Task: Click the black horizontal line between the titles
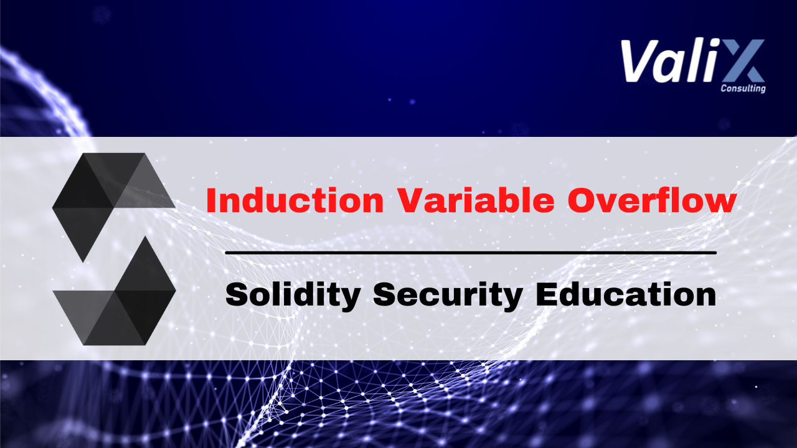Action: click(470, 253)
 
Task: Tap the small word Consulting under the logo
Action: click(743, 88)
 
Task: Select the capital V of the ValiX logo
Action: click(639, 61)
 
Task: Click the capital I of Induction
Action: click(210, 200)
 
